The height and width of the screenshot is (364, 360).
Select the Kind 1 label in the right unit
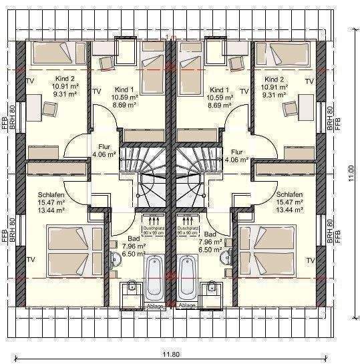tap(219, 89)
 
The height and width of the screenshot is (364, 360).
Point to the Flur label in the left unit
tap(104, 146)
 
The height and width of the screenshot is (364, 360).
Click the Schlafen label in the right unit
tap(290, 194)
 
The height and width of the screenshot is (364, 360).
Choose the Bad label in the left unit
tap(134, 236)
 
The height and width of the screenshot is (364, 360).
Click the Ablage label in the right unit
tap(188, 305)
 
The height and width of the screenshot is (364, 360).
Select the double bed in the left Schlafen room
tap(66, 249)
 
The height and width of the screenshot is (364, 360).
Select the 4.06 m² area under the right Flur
tap(236, 160)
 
